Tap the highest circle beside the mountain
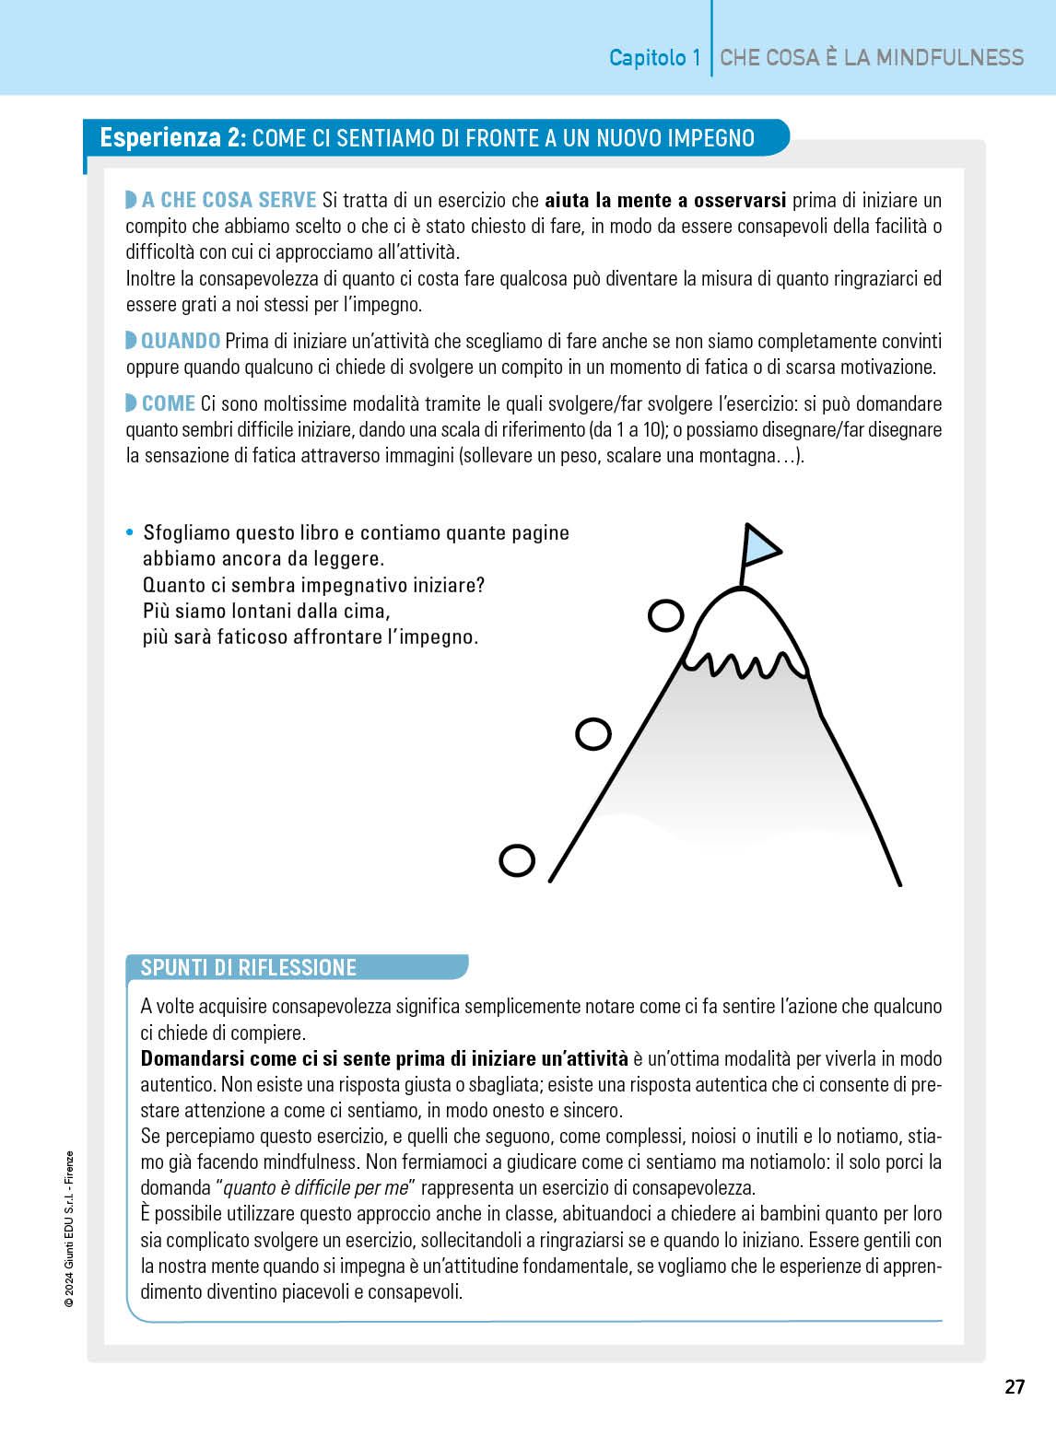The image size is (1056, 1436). [665, 615]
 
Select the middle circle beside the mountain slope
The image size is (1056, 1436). [593, 734]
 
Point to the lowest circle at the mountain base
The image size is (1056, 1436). [517, 860]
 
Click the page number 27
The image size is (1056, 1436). [1014, 1387]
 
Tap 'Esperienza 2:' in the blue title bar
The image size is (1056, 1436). [172, 138]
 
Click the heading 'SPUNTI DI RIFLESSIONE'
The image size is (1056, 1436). [248, 967]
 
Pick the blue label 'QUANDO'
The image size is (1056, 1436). [181, 341]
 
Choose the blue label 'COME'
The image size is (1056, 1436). [169, 403]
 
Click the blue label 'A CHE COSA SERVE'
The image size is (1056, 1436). [229, 200]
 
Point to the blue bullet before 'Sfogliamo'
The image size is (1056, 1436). [130, 533]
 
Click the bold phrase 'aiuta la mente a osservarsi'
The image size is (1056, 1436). [665, 200]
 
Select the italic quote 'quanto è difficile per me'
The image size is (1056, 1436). [316, 1188]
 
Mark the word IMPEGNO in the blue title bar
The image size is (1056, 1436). [710, 138]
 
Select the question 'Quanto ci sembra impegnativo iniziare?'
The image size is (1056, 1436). [313, 585]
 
